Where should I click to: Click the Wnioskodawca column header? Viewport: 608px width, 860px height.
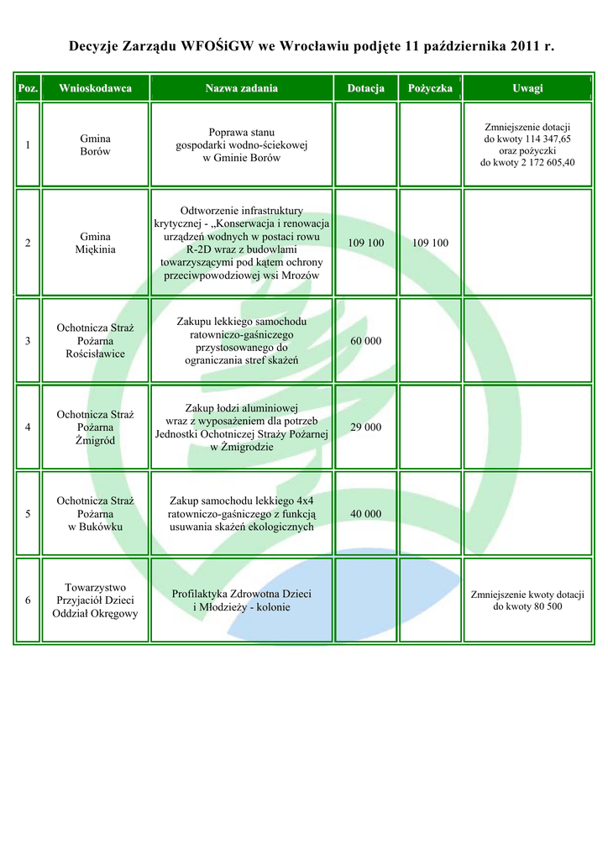coord(95,88)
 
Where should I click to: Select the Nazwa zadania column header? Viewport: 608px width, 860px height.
coord(241,88)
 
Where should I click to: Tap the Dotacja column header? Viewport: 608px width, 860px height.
coord(365,88)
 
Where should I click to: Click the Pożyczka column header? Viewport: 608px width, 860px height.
coord(430,88)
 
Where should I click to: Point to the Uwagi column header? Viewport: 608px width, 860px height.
coord(527,88)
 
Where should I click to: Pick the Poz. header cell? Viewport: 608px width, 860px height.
coord(28,88)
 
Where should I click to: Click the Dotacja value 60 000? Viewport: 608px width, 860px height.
coord(365,341)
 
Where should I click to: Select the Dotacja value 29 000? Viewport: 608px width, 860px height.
coord(365,427)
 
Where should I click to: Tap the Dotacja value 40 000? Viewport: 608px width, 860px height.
coord(365,514)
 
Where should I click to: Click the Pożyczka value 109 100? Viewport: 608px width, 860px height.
coord(430,243)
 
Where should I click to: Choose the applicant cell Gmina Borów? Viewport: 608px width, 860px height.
coord(95,144)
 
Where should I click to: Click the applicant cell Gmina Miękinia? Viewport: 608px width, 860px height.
coord(95,243)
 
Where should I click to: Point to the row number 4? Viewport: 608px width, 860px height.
coord(28,427)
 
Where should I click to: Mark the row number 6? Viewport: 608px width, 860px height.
coord(28,600)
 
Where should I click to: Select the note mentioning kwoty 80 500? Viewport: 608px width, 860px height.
coord(527,600)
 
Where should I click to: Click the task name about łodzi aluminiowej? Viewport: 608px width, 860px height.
coord(241,427)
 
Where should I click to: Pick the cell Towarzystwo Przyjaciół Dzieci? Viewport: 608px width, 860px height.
coord(95,600)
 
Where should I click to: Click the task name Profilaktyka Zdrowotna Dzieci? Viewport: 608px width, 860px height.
coord(241,600)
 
